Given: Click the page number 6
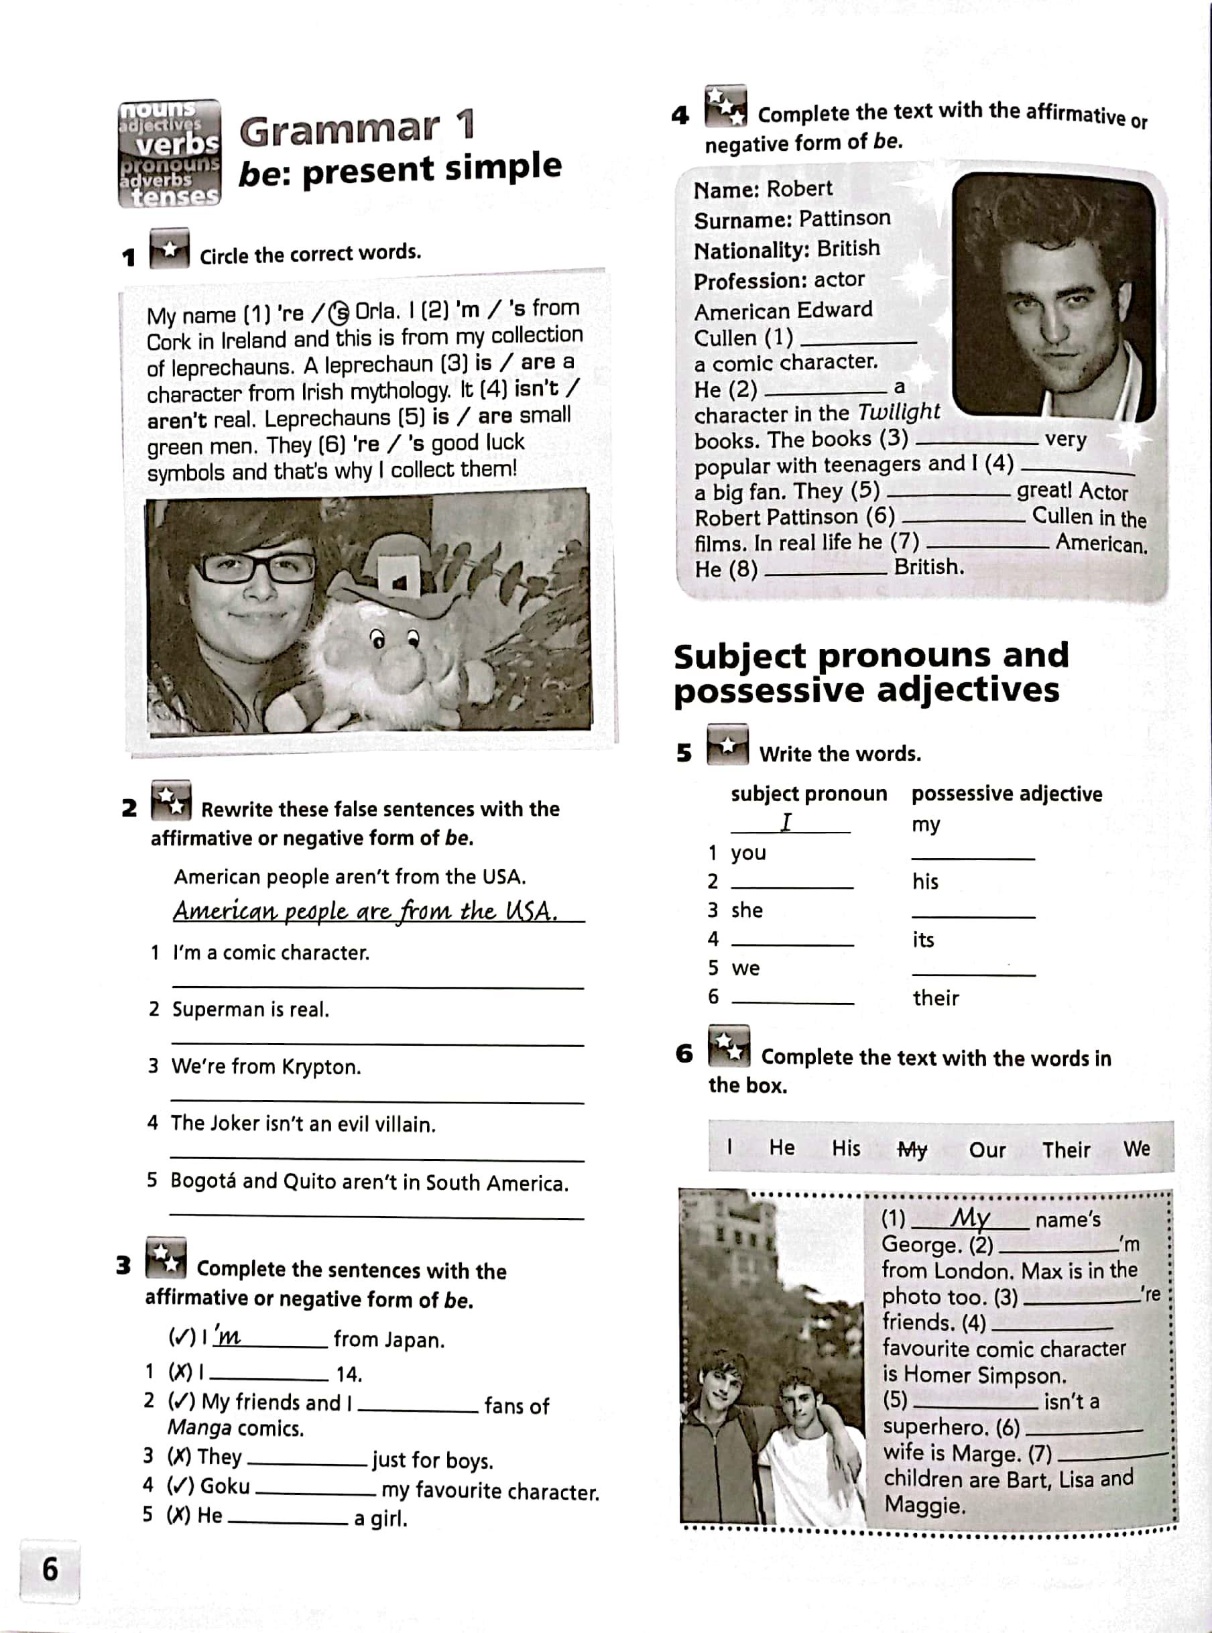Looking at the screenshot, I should [x=50, y=1569].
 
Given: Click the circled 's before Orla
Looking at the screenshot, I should [x=339, y=313].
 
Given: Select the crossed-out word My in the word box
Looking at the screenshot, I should [x=912, y=1150].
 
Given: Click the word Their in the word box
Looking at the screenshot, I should [x=1066, y=1150].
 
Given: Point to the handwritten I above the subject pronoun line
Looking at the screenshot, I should [x=786, y=823].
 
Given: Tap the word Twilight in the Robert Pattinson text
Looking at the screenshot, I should [x=899, y=412].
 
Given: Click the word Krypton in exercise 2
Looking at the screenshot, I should [x=323, y=1067].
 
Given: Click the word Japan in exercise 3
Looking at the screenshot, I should [x=415, y=1340].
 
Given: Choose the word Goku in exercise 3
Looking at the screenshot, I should [x=225, y=1486].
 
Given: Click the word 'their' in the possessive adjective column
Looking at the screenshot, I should [x=935, y=997].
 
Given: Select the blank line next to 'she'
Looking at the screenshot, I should [x=973, y=915].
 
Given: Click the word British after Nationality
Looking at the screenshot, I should [x=848, y=249].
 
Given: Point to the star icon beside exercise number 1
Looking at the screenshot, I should [x=170, y=249].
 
